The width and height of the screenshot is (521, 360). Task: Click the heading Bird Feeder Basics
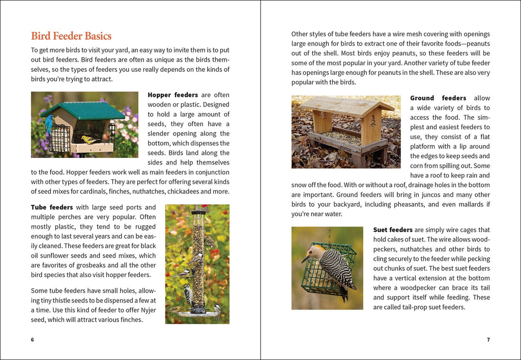[x=71, y=36]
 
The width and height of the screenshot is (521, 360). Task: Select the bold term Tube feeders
[x=52, y=207]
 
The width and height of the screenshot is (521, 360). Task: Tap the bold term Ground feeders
[x=438, y=98]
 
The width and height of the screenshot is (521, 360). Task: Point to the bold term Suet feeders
[x=393, y=230]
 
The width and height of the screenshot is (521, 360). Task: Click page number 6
[x=33, y=340]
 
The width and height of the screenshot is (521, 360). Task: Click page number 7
[x=488, y=340]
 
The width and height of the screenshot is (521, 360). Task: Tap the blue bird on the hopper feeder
[x=49, y=124]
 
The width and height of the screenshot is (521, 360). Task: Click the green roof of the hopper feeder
[x=81, y=109]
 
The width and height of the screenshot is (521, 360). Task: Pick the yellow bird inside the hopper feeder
[x=89, y=139]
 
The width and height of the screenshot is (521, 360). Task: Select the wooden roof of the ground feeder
[x=346, y=105]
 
